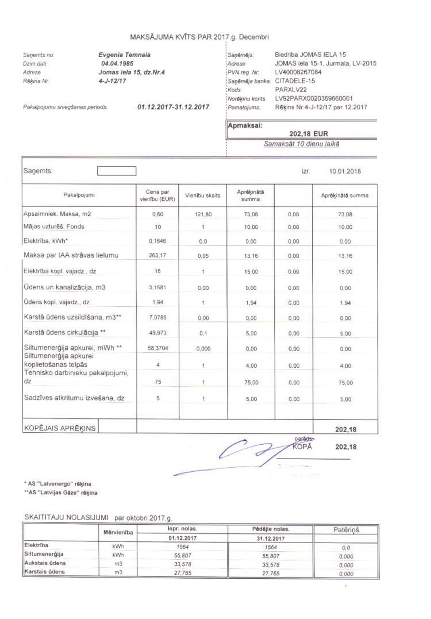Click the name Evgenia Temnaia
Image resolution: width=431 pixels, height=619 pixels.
tap(120, 55)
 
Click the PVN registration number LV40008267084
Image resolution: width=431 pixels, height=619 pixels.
tap(298, 72)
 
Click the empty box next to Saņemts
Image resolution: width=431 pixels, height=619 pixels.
tap(117, 171)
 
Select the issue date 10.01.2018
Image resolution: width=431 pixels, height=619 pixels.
tap(345, 171)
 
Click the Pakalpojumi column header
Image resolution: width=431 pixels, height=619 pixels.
tap(79, 195)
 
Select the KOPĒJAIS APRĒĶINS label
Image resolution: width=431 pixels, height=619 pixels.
tap(60, 428)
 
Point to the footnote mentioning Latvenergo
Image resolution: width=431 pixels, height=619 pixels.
tap(57, 484)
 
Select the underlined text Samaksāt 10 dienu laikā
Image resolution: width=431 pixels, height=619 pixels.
tap(301, 143)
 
